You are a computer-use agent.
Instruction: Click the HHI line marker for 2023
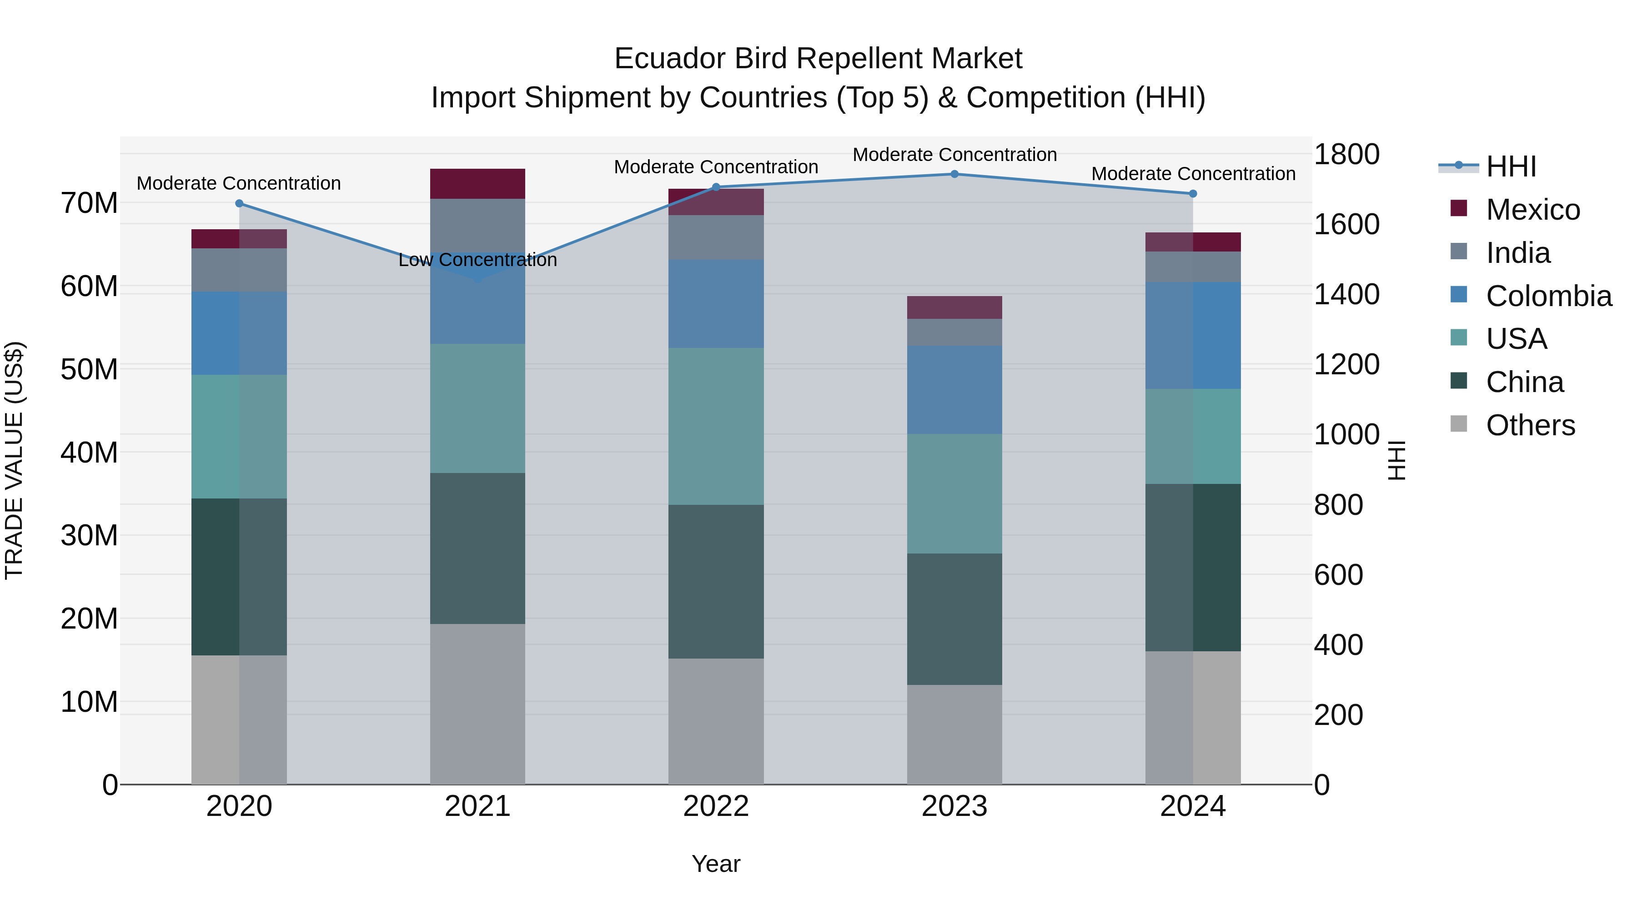click(954, 174)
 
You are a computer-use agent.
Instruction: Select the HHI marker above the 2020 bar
click(239, 203)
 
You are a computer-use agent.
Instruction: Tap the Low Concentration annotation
click(477, 260)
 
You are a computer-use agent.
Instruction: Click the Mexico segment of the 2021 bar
click(477, 184)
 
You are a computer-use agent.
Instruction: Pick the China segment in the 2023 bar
click(954, 619)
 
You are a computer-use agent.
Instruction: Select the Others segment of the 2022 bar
click(716, 721)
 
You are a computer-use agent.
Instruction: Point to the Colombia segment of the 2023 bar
click(954, 390)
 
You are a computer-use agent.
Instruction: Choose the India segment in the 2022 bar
click(716, 237)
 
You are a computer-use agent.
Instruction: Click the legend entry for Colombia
click(1548, 296)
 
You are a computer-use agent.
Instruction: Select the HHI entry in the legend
click(1511, 166)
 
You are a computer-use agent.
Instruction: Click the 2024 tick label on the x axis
click(1192, 806)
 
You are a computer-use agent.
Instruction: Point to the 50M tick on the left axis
click(89, 369)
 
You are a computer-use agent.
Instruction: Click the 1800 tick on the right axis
click(1346, 155)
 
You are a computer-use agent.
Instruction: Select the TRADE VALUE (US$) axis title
click(14, 460)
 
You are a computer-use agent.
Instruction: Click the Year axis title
click(716, 864)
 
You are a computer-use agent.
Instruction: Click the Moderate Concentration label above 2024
click(1193, 174)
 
